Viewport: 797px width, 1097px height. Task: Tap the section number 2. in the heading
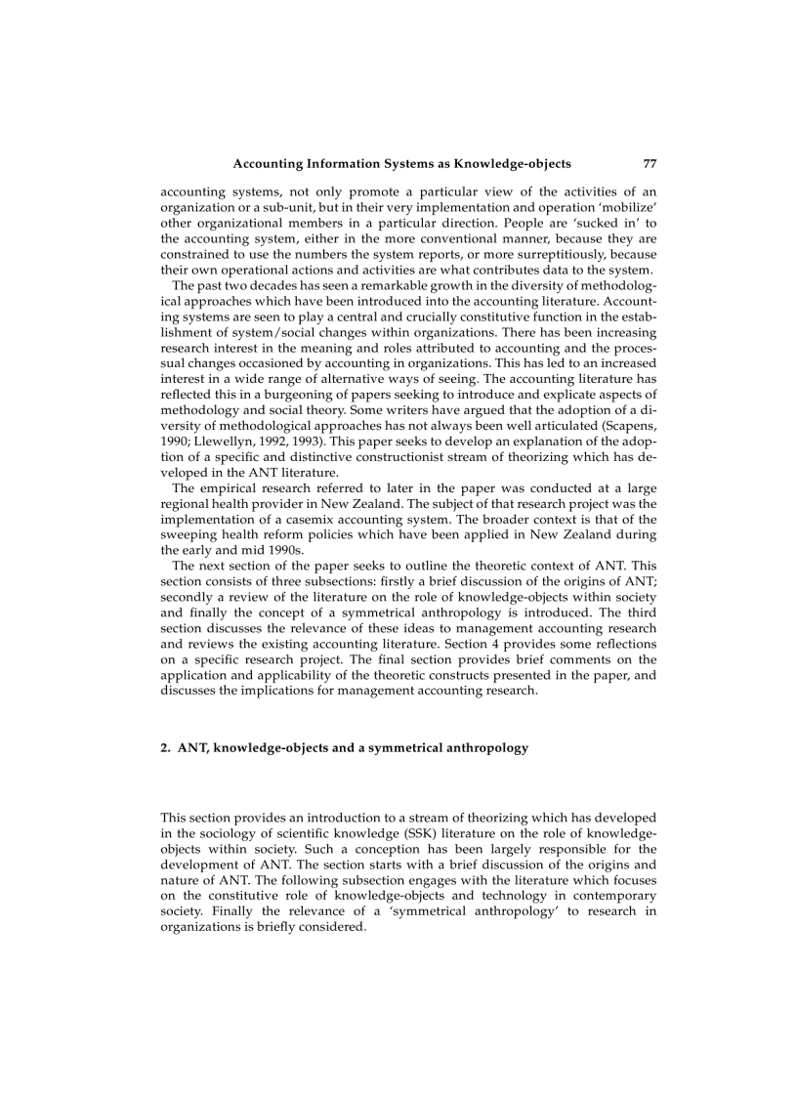coord(166,747)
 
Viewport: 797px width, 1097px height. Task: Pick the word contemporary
coord(609,895)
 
